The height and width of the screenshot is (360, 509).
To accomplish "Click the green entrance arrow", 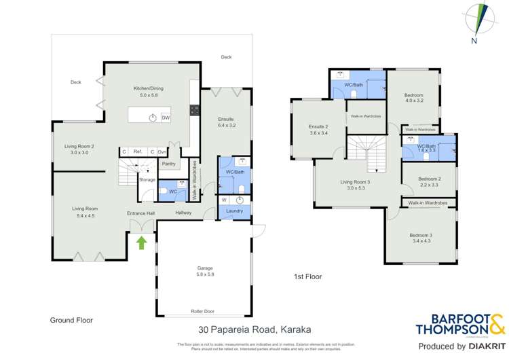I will click(x=141, y=241).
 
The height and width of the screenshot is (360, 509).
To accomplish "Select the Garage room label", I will click(x=201, y=270).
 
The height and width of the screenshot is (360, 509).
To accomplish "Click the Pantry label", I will click(x=169, y=163).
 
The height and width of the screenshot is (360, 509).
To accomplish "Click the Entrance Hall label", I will click(x=141, y=213).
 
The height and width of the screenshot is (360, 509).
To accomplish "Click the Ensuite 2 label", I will click(x=318, y=126).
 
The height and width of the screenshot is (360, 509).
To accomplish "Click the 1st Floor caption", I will click(x=307, y=277).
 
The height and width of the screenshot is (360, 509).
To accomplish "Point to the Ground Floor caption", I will click(x=71, y=319).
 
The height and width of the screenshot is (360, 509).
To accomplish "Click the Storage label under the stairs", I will click(x=147, y=180).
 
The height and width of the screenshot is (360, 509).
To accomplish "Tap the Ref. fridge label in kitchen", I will click(x=137, y=152).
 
